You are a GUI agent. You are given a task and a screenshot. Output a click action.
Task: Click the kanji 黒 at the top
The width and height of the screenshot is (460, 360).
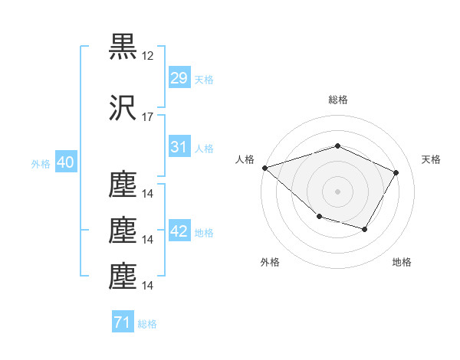click(x=123, y=47)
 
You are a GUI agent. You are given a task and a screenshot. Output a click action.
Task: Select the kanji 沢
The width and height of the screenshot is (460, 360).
click(x=123, y=107)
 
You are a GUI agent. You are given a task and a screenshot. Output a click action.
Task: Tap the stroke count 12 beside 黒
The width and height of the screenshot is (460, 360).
click(x=147, y=56)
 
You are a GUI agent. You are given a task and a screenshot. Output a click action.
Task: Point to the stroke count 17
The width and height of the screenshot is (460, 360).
click(x=147, y=117)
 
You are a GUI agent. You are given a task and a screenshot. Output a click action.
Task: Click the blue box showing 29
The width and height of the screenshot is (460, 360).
click(x=179, y=77)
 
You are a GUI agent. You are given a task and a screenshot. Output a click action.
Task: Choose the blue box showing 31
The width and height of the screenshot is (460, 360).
click(x=179, y=146)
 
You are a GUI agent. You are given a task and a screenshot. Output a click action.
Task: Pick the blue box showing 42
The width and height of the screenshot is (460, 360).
click(x=179, y=230)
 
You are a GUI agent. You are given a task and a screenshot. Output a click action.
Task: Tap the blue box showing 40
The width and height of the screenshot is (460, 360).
click(x=66, y=162)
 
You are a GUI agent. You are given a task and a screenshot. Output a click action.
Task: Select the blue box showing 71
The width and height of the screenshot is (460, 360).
click(x=123, y=321)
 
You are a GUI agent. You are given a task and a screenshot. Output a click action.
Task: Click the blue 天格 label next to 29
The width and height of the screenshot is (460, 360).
click(x=204, y=80)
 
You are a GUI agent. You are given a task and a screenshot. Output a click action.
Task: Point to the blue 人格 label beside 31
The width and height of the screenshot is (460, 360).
click(x=204, y=149)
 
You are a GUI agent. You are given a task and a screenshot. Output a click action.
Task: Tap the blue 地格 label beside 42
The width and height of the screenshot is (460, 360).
click(x=204, y=233)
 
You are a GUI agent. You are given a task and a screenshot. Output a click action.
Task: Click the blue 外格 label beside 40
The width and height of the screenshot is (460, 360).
click(x=41, y=164)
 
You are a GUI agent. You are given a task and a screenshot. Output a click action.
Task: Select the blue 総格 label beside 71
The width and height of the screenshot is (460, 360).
click(x=147, y=324)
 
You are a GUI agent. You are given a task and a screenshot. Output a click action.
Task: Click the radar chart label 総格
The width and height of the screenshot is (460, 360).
click(x=338, y=100)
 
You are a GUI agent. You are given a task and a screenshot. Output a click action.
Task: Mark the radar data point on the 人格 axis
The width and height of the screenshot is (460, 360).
click(x=265, y=168)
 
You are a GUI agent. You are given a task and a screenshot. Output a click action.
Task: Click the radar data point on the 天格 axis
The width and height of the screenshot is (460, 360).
click(x=396, y=172)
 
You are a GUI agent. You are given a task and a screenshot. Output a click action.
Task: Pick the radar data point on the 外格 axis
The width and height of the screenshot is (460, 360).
click(x=320, y=216)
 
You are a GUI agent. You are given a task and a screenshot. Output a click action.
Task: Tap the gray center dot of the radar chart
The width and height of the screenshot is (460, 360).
click(x=337, y=191)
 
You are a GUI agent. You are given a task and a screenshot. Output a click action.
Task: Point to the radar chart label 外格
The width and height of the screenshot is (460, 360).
click(x=270, y=262)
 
